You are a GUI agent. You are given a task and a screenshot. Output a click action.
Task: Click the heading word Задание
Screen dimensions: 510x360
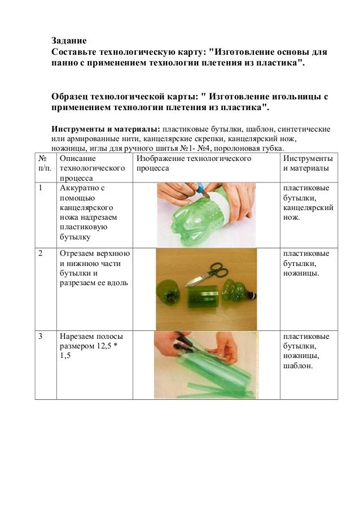pyautogui.click(x=68, y=41)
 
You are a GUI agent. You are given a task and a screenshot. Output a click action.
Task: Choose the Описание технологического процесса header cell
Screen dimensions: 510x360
pyautogui.click(x=92, y=168)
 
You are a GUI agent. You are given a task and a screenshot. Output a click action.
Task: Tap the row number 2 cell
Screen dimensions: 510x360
pyautogui.click(x=41, y=253)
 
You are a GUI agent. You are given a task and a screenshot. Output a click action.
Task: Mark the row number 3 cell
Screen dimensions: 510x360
pyautogui.click(x=41, y=337)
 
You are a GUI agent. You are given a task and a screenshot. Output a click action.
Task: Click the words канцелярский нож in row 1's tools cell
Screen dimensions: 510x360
pyautogui.click(x=307, y=211)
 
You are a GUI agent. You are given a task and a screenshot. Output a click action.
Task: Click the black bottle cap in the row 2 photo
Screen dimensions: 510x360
pyautogui.click(x=253, y=294)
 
